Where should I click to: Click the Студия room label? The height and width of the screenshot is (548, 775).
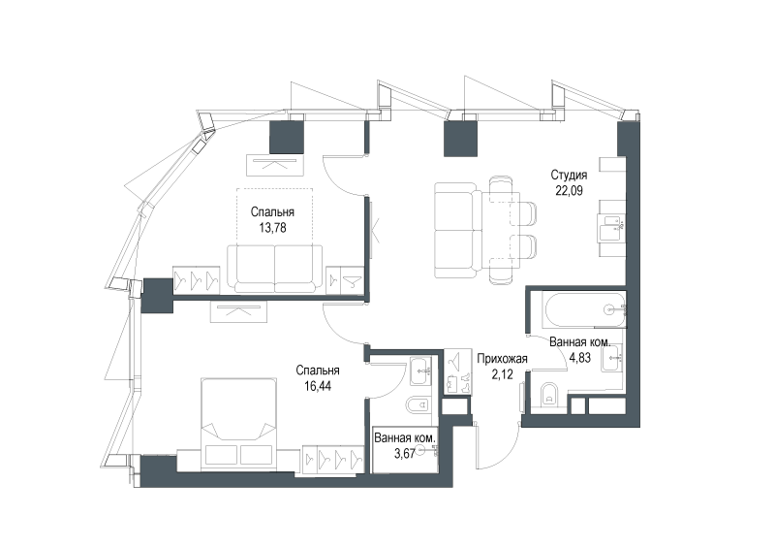pos(569,175)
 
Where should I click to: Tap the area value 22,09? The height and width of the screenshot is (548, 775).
pos(569,190)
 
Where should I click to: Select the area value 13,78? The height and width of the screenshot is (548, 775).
pos(272,228)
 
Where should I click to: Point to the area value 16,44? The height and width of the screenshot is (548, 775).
pos(318,386)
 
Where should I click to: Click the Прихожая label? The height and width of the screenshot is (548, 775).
pos(502,359)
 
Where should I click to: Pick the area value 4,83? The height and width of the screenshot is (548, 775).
pos(579,358)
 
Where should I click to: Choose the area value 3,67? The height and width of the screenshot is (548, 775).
pos(404,454)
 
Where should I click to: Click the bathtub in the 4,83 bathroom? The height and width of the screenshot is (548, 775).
pos(585,310)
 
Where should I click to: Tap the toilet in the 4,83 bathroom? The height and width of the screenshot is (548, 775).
pos(549,395)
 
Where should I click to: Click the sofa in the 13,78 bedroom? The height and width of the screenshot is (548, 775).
pos(274,269)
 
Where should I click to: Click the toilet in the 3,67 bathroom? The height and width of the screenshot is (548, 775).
pos(418,405)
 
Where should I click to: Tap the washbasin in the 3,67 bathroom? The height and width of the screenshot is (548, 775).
pos(421,371)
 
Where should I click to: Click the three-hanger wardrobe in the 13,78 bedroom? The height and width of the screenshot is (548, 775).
pos(197,280)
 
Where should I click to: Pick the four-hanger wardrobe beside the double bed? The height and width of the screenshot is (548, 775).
pos(333,459)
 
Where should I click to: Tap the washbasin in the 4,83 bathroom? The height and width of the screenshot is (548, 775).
pos(612,358)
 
